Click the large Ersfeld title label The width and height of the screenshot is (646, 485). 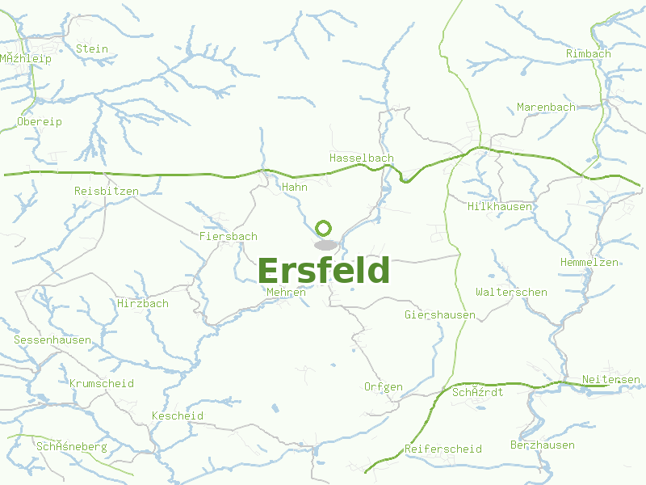tap(324, 271)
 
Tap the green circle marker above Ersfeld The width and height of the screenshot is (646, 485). tap(324, 228)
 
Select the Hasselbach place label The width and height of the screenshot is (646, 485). tap(361, 158)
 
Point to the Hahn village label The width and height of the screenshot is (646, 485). tap(295, 187)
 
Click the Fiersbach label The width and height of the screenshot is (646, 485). tap(229, 236)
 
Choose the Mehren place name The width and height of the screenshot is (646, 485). tap(287, 292)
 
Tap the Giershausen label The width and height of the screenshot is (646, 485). tap(440, 314)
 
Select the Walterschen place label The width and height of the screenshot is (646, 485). tap(512, 292)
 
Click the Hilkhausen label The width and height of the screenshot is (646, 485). tap(500, 206)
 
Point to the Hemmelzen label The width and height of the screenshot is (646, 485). tap(589, 262)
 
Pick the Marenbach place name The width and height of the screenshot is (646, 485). tap(547, 107)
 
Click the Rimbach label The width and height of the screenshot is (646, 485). tap(589, 53)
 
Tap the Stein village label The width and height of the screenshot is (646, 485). tap(91, 48)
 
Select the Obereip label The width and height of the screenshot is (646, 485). tap(40, 121)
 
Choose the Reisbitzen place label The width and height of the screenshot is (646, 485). tap(107, 191)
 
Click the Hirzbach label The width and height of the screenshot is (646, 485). tap(143, 303)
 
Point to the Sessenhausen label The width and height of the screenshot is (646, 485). tap(52, 339)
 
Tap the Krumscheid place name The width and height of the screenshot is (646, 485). tap(102, 383)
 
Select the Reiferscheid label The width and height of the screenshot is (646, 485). tap(443, 449)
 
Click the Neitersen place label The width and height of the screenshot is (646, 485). tap(611, 379)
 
